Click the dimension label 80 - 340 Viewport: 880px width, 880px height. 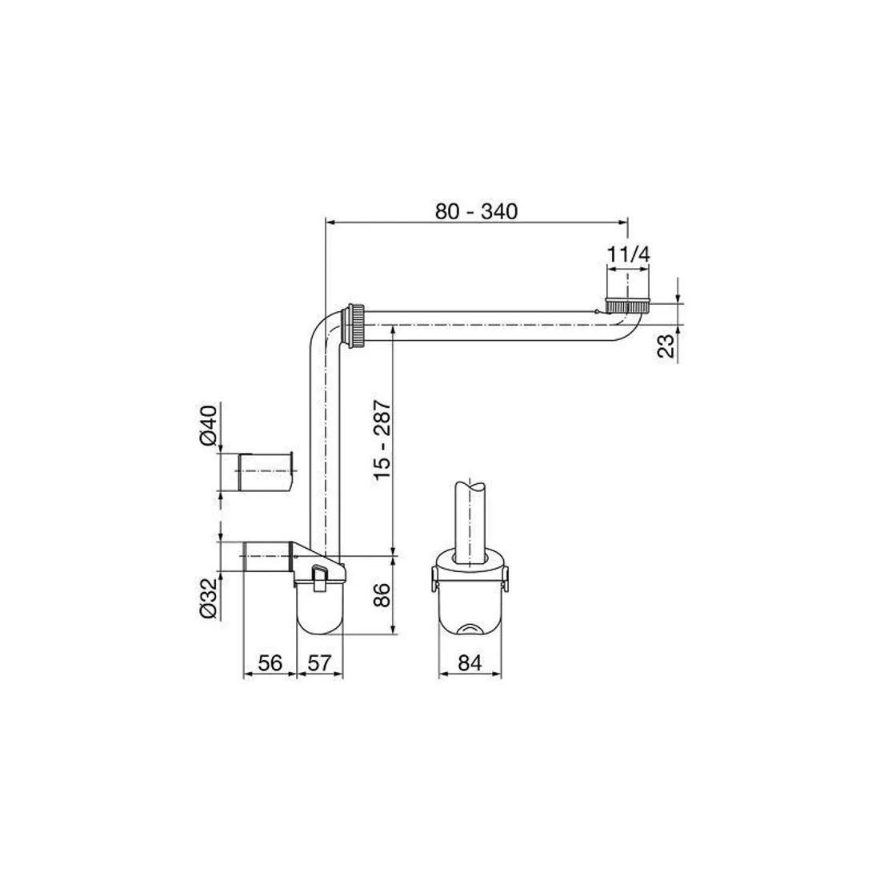[x=476, y=211]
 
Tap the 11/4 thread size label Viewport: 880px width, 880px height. [x=629, y=254]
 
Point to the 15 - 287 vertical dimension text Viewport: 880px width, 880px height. [x=382, y=439]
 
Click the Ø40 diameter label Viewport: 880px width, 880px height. [x=208, y=425]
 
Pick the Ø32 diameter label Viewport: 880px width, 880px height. [x=208, y=599]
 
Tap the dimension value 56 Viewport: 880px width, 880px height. [x=270, y=663]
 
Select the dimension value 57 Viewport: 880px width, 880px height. [x=320, y=663]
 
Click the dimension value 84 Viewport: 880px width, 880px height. [x=470, y=663]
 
